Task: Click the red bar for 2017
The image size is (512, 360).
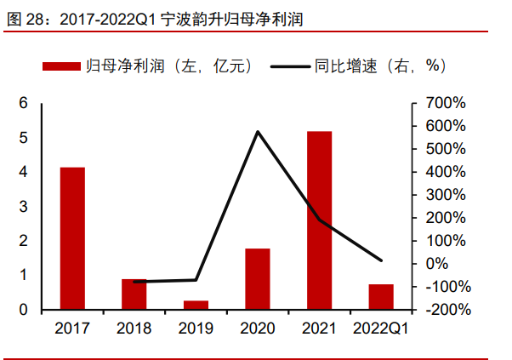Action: tap(72, 238)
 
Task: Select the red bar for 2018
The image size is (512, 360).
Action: tap(134, 294)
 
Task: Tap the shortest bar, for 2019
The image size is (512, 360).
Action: tap(196, 305)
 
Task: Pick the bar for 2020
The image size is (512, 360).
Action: tap(258, 279)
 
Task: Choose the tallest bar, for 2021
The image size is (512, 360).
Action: tap(319, 220)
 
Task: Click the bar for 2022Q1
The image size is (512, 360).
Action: tap(381, 297)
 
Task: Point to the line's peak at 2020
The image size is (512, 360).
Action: tap(258, 131)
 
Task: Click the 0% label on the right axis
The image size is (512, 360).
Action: tap(454, 264)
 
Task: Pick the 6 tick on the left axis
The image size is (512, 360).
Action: tap(24, 103)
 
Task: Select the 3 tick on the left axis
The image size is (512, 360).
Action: tap(24, 207)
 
